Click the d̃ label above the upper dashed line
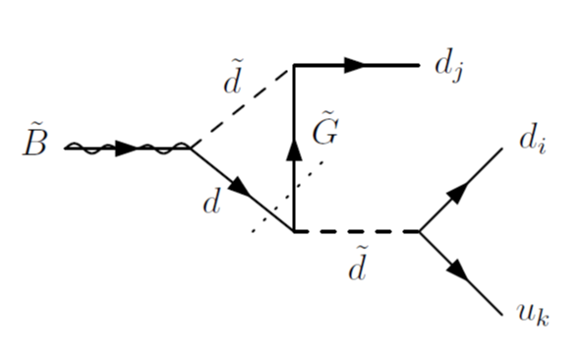(x=232, y=86)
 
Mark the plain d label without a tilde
(x=209, y=205)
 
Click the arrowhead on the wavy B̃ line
(x=127, y=149)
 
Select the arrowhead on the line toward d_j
(x=355, y=65)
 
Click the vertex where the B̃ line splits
(x=191, y=149)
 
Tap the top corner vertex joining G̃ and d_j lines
(x=293, y=65)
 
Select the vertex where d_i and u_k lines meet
(x=420, y=232)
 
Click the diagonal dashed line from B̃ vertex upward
(x=242, y=106)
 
